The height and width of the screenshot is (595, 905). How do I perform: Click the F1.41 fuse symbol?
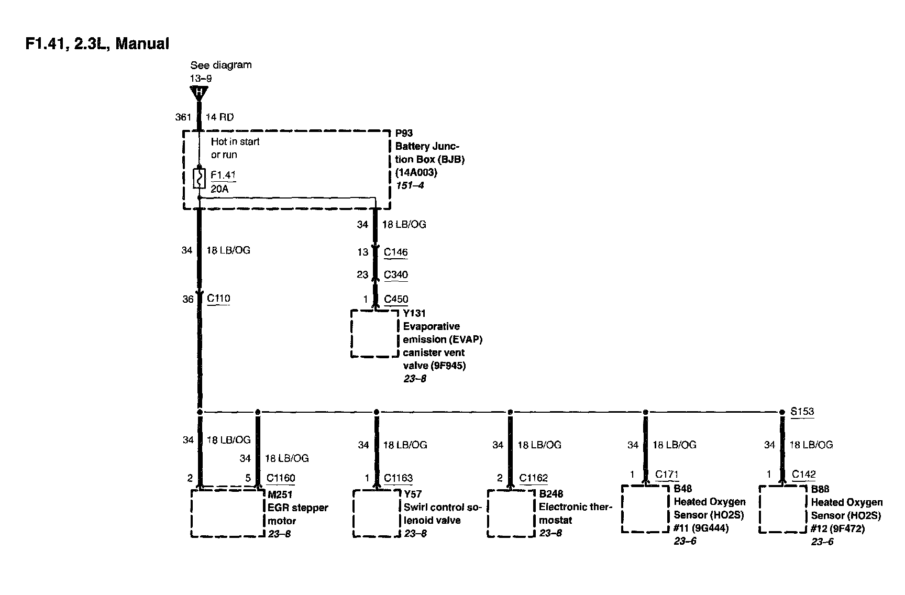pyautogui.click(x=199, y=178)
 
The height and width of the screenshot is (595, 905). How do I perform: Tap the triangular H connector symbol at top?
pyautogui.click(x=199, y=93)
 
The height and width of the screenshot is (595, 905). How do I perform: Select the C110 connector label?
pyautogui.click(x=218, y=299)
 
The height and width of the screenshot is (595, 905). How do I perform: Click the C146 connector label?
pyautogui.click(x=395, y=252)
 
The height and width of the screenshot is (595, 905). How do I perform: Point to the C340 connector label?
pyautogui.click(x=395, y=274)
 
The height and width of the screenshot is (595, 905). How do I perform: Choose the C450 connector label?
pyautogui.click(x=395, y=299)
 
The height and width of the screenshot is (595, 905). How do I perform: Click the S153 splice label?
pyautogui.click(x=802, y=411)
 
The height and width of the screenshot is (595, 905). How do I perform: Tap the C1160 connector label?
pyautogui.click(x=281, y=478)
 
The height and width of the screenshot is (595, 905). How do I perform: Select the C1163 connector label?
pyautogui.click(x=398, y=478)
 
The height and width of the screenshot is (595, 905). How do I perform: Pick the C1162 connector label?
pyautogui.click(x=533, y=478)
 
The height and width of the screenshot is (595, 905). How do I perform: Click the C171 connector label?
pyautogui.click(x=667, y=475)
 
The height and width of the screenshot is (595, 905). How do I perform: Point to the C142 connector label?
pyautogui.click(x=803, y=475)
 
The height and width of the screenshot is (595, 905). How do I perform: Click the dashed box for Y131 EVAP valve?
pyautogui.click(x=374, y=334)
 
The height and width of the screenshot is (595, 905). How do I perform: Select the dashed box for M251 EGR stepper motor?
pyautogui.click(x=228, y=513)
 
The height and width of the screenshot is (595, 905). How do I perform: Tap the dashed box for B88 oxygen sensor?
pyautogui.click(x=782, y=509)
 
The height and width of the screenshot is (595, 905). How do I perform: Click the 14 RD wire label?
pyautogui.click(x=220, y=117)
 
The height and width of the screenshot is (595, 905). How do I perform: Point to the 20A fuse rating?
pyautogui.click(x=219, y=189)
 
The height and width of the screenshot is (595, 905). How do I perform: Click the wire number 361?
pyautogui.click(x=183, y=117)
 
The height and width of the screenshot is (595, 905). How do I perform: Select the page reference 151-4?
pyautogui.click(x=410, y=185)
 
